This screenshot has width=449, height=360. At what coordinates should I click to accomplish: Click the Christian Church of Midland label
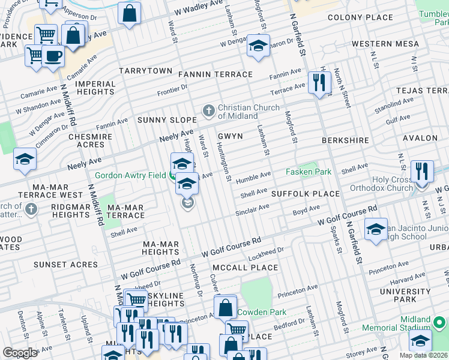coord(248,112)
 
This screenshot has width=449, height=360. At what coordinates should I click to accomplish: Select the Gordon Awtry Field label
coord(131,176)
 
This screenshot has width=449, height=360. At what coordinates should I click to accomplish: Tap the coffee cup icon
coord(53,57)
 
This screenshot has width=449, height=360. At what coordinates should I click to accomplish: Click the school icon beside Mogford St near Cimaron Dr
coord(258,46)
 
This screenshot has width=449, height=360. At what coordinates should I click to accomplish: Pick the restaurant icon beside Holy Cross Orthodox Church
coord(423,170)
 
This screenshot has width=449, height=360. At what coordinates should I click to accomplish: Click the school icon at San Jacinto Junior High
coord(376,229)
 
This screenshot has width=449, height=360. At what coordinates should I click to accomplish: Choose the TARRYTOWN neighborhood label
coord(145,71)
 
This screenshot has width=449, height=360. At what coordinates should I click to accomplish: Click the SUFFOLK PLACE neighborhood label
coord(305,194)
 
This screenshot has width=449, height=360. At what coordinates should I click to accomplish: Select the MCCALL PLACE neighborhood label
coord(245,268)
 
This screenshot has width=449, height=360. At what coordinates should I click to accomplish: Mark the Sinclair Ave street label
coord(252,210)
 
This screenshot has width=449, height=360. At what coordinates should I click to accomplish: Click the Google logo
coord(20,353)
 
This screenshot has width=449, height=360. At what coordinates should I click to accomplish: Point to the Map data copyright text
coord(424,355)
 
